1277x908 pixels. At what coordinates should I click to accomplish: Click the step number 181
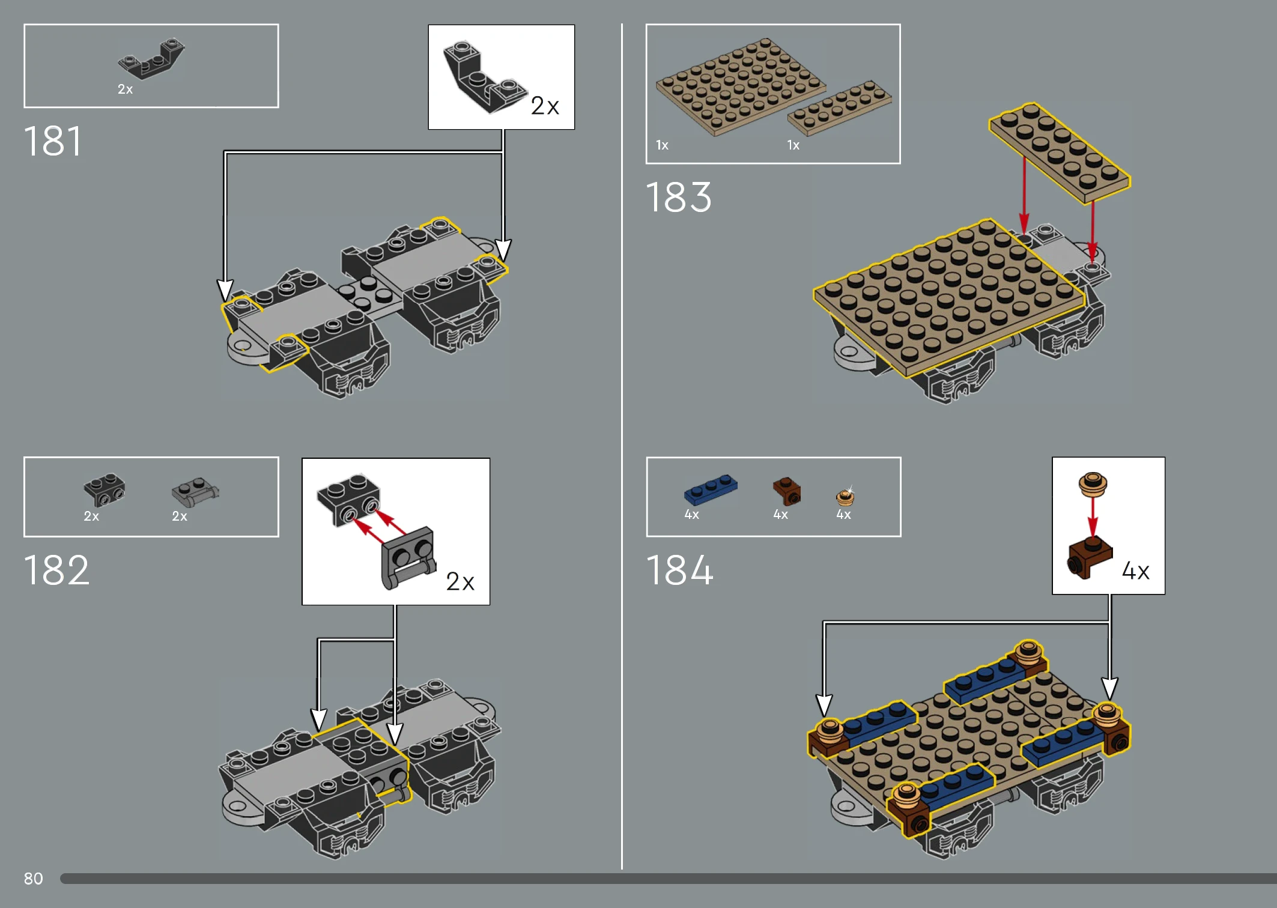pyautogui.click(x=52, y=142)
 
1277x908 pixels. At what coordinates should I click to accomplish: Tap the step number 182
pyautogui.click(x=56, y=570)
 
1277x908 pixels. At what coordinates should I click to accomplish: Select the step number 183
pyautogui.click(x=679, y=197)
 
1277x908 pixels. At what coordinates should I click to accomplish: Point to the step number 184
pyautogui.click(x=679, y=570)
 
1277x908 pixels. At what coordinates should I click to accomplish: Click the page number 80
pyautogui.click(x=34, y=879)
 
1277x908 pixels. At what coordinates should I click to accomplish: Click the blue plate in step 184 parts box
pyautogui.click(x=711, y=489)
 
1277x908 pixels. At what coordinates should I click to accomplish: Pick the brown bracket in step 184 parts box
pyautogui.click(x=786, y=491)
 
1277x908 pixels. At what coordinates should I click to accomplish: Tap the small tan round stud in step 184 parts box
pyautogui.click(x=845, y=497)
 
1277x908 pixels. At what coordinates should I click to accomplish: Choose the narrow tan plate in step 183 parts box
pyautogui.click(x=839, y=107)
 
